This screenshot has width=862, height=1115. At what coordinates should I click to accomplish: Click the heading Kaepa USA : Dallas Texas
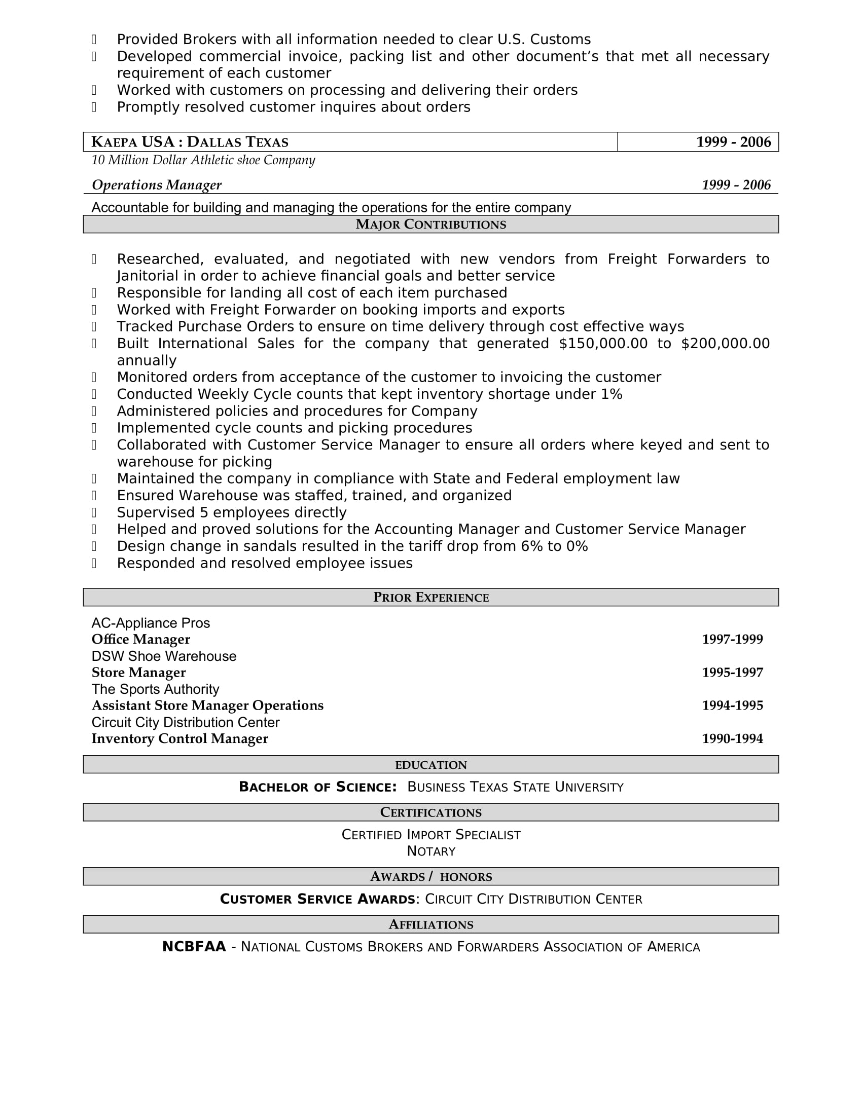point(190,142)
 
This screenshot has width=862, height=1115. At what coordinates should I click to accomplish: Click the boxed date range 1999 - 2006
point(733,142)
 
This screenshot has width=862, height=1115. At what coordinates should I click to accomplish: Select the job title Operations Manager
point(156,185)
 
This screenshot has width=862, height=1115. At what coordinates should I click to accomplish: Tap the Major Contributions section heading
point(430,225)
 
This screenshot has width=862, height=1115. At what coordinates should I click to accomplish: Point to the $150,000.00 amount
point(603,344)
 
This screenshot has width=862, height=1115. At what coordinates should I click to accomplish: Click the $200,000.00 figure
point(725,344)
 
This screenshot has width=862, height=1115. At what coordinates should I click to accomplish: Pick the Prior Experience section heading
point(430,598)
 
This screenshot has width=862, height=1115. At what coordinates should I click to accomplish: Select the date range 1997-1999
point(732,639)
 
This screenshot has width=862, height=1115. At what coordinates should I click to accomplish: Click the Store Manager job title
point(138,673)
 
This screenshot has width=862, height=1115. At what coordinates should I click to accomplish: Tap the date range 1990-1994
point(732,739)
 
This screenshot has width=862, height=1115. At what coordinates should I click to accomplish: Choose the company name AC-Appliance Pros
point(151,623)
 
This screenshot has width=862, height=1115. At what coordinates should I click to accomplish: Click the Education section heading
point(430,765)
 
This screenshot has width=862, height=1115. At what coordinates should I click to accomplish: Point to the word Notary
point(430,851)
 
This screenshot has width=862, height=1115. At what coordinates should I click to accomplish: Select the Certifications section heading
point(430,812)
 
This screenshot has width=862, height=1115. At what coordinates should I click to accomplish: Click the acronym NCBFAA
point(194,947)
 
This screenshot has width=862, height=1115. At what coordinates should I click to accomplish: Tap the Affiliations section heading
point(430,924)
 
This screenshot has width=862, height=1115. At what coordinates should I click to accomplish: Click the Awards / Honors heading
point(430,877)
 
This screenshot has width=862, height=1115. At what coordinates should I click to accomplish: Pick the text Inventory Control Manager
point(180,739)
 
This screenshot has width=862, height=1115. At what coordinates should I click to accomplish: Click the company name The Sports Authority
point(155,689)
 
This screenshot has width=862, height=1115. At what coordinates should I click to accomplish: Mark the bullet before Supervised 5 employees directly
point(94,512)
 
